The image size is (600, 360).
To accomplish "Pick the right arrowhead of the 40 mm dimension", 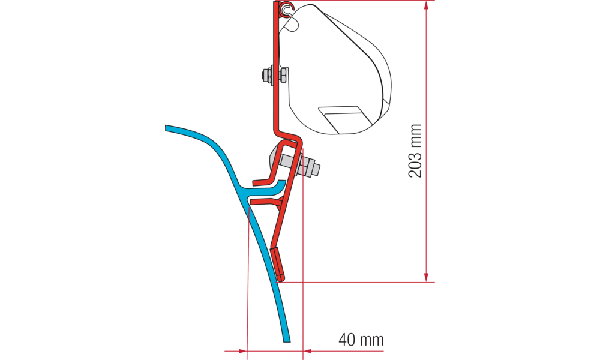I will [308, 350].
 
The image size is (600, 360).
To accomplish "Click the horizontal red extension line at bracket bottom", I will [360, 281].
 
